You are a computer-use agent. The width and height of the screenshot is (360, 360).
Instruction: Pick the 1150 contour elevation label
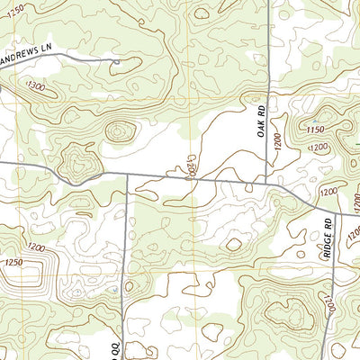pos(314,130)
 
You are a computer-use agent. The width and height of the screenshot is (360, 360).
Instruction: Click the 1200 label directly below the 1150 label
pos(328,191)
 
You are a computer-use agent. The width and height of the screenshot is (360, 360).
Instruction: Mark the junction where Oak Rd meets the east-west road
pos(267,183)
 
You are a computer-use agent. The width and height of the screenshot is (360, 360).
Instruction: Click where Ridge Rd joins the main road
pos(305,206)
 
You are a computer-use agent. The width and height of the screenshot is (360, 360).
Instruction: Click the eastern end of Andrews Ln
pos(119,61)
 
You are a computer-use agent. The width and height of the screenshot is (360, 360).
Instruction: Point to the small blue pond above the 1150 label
pos(314,119)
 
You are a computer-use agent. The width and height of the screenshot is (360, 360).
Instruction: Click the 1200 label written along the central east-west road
pos(190,167)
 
